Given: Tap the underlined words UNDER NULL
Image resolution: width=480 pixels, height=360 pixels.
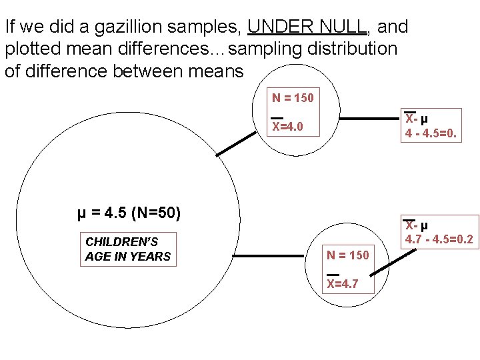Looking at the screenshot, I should (x=307, y=27).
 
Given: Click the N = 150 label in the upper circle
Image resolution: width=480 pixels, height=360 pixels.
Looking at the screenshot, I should (x=292, y=98).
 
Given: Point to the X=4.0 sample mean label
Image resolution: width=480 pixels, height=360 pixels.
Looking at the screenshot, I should (x=287, y=126).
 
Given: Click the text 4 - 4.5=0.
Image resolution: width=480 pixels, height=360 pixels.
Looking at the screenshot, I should (x=432, y=133).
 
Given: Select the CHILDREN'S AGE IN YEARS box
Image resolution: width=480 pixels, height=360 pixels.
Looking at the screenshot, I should (x=128, y=249).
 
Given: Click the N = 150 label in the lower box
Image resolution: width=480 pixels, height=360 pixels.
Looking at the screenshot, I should (x=347, y=255).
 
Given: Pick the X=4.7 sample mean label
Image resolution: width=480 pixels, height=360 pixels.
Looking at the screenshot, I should (x=342, y=283).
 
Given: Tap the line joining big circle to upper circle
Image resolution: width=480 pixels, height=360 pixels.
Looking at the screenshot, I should (x=237, y=144).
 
